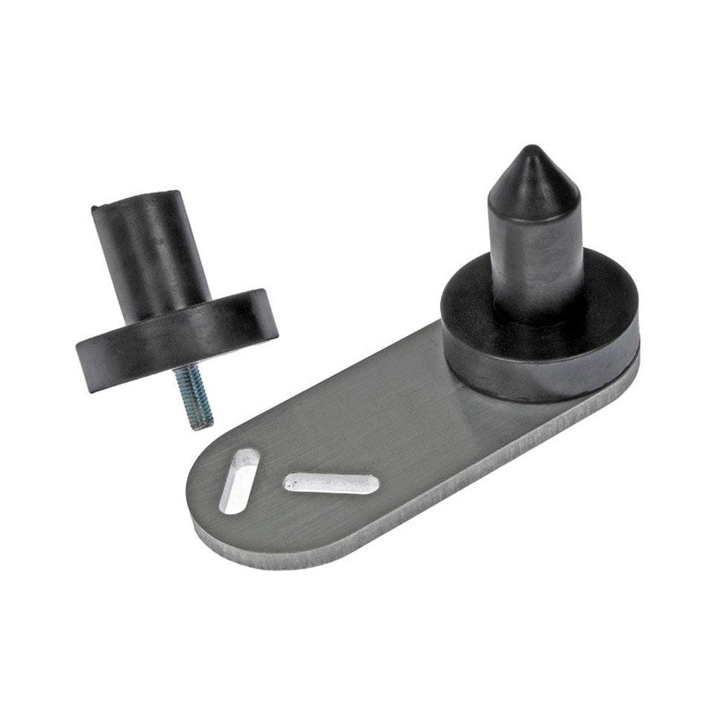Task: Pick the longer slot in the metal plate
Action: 332,483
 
